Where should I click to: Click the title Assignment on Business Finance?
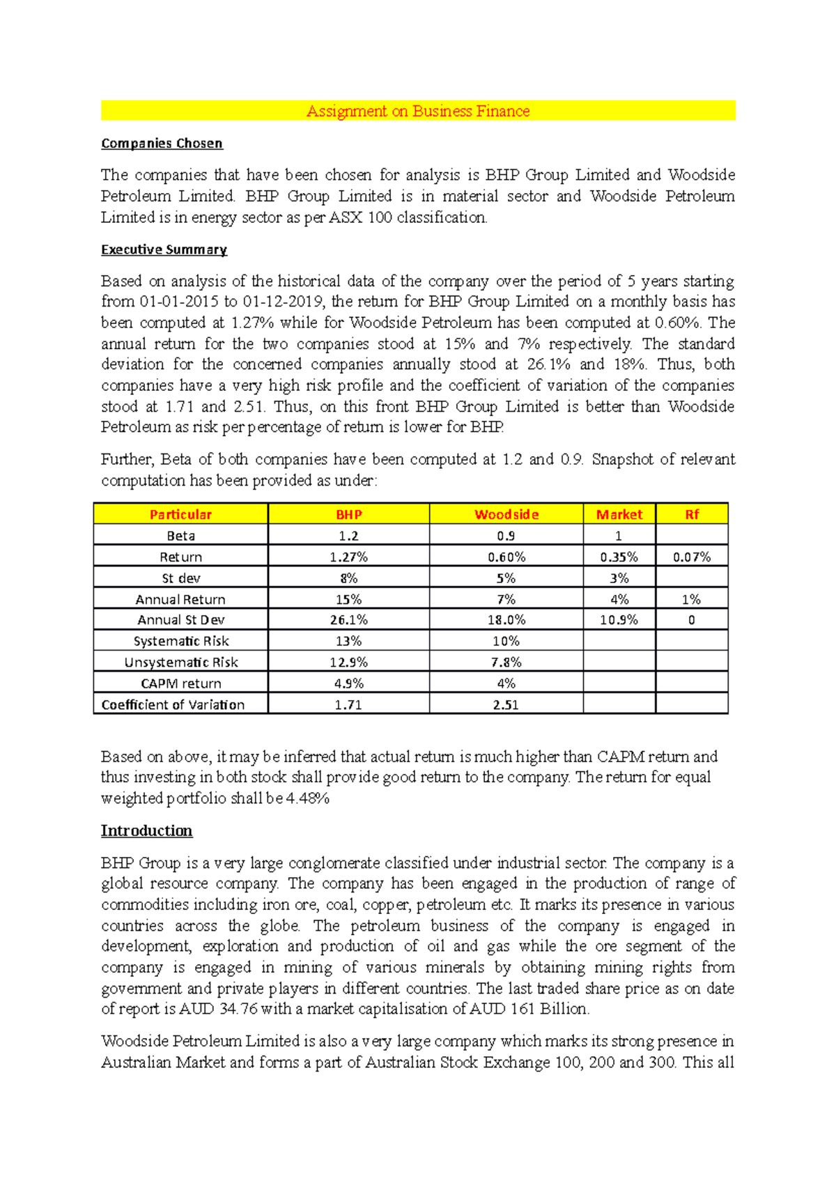click(418, 111)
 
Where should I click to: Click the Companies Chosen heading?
click(162, 144)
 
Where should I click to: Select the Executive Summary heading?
click(164, 249)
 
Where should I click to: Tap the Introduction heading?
click(146, 830)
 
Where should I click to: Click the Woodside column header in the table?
click(506, 514)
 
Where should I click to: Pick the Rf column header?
click(692, 514)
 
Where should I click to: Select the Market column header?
click(619, 514)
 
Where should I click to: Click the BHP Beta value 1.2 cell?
click(348, 536)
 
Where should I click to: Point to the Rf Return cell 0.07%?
click(692, 557)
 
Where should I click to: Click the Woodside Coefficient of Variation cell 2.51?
click(506, 704)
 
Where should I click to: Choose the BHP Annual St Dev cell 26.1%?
click(348, 619)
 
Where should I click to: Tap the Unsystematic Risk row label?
click(181, 662)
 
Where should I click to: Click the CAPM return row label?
click(181, 683)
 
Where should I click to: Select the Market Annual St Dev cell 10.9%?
click(619, 619)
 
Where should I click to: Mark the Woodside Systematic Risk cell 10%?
click(506, 641)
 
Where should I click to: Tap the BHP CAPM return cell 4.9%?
click(348, 683)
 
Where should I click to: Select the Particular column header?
click(180, 514)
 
